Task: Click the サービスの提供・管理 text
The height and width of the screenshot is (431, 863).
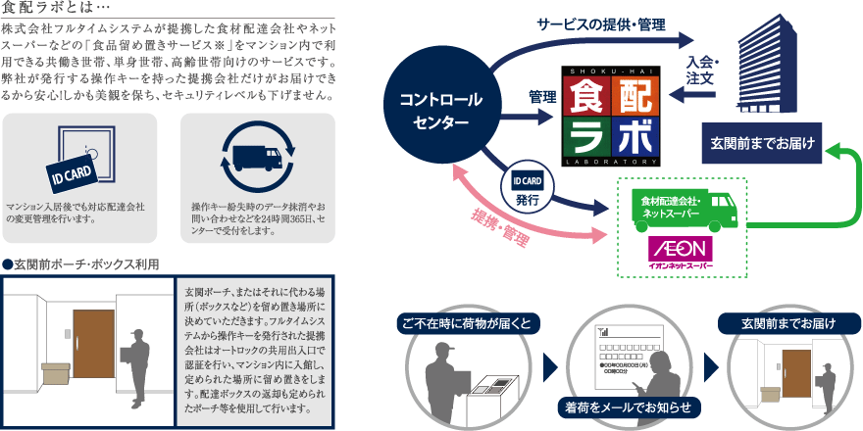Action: (600, 24)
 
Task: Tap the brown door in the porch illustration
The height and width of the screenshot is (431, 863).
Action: (95, 352)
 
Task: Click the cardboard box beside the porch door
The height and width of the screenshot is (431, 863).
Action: (57, 374)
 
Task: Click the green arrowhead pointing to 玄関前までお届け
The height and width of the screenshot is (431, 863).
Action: (834, 151)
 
